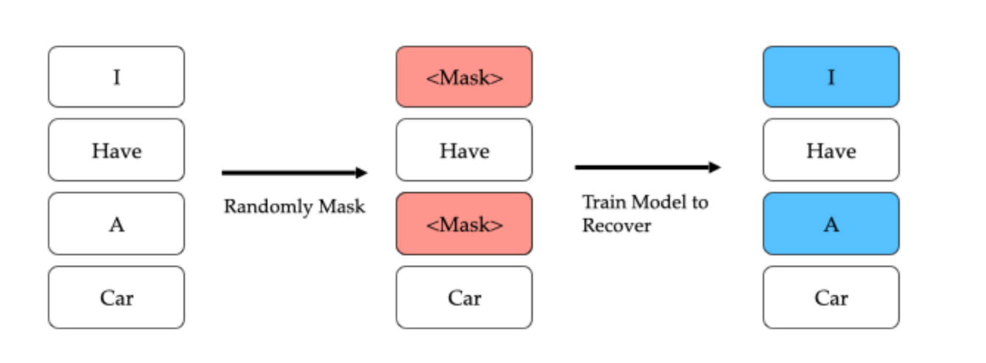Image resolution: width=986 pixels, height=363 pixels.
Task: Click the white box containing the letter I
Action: [x=116, y=77]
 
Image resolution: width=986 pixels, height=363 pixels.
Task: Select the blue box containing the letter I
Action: [x=831, y=77]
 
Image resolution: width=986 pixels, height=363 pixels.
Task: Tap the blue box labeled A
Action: [x=831, y=224]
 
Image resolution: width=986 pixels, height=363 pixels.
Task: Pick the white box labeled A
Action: [x=116, y=224]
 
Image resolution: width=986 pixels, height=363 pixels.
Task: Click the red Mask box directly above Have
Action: [x=464, y=77]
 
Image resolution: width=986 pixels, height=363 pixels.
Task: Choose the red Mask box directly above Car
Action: [x=464, y=224]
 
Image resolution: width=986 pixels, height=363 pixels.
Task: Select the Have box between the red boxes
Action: [x=464, y=151]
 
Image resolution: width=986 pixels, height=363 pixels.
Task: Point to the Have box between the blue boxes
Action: [x=831, y=151]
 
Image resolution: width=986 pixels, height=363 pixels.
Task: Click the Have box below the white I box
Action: [x=116, y=151]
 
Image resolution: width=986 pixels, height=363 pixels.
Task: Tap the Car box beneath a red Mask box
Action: [x=464, y=297]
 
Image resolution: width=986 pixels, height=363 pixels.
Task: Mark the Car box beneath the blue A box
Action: [x=831, y=297]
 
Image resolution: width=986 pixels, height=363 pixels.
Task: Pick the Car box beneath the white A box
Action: [x=116, y=297]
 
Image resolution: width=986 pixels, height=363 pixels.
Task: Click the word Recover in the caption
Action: [x=616, y=226]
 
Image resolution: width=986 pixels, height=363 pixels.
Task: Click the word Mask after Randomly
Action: [x=341, y=207]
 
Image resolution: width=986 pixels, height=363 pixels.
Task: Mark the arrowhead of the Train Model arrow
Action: [x=714, y=167]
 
